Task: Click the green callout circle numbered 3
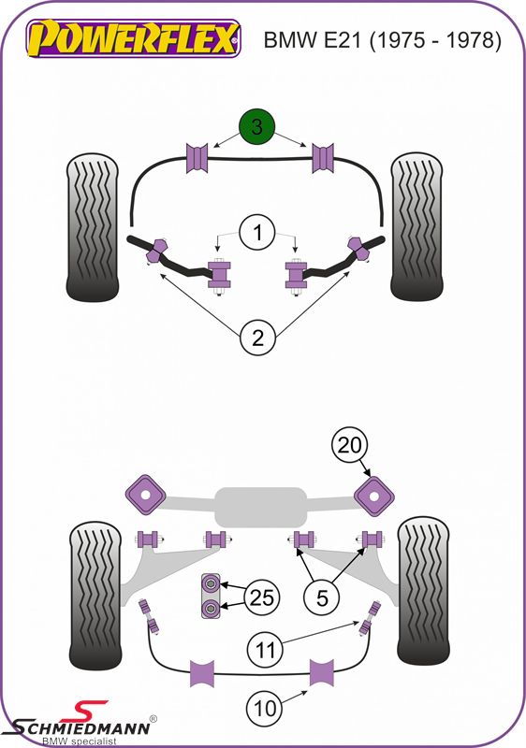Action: click(257, 127)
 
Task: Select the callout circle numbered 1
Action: click(257, 233)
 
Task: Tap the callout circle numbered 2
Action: click(257, 338)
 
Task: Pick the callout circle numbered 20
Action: click(350, 445)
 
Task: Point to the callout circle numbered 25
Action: click(262, 597)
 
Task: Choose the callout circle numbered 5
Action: click(322, 597)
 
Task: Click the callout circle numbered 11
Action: click(266, 649)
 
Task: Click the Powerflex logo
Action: click(133, 38)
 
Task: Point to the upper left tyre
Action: click(92, 227)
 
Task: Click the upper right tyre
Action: click(416, 226)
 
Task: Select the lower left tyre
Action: click(95, 596)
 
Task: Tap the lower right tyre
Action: click(423, 591)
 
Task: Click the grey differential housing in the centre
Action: click(260, 507)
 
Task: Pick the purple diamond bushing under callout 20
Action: click(374, 496)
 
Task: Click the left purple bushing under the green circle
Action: click(197, 158)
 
